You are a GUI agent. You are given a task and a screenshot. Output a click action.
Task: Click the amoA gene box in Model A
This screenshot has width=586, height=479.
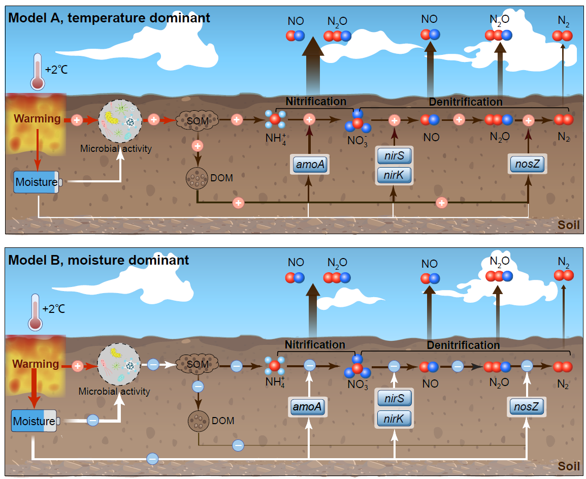tap(310, 165)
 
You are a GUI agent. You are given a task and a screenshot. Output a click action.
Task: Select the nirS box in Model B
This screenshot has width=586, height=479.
tap(394, 399)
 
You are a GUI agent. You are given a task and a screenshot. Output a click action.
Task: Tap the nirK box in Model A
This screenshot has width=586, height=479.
tap(394, 175)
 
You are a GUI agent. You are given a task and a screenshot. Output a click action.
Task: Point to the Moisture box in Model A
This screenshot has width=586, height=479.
tap(36, 182)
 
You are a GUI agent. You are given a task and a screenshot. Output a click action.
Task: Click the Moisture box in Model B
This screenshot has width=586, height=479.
tap(34, 421)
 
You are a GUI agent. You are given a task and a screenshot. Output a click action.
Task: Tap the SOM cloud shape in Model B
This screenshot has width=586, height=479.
tap(198, 364)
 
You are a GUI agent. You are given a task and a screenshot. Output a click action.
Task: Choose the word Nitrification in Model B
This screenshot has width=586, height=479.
tap(315, 345)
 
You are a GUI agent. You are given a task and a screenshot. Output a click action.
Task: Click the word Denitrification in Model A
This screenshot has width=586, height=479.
tap(465, 102)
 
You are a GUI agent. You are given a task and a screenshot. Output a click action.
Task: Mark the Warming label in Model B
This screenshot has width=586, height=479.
tap(36, 364)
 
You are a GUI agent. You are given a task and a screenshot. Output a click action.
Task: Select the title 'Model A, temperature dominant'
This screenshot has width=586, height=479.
tap(109, 19)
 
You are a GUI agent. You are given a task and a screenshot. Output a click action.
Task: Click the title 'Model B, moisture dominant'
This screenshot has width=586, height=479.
tap(99, 261)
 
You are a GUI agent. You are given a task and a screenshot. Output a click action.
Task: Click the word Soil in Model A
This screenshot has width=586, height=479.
tap(569, 225)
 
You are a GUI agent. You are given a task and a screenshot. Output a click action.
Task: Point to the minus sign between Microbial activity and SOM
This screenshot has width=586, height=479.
tap(153, 365)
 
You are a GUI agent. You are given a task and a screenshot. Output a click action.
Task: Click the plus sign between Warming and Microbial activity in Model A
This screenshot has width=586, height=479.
tap(77, 120)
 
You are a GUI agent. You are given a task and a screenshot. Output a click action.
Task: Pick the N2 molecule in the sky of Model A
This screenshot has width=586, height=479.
tap(563, 36)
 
